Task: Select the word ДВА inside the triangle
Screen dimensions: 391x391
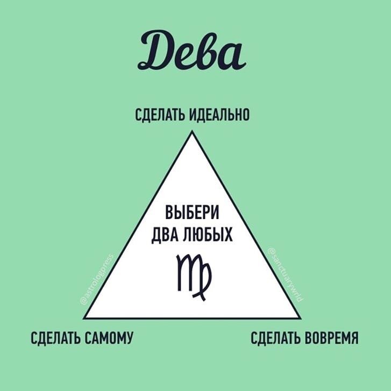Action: point(166,235)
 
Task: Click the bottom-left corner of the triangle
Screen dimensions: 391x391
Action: point(84,318)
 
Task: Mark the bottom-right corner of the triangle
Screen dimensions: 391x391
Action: point(300,318)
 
